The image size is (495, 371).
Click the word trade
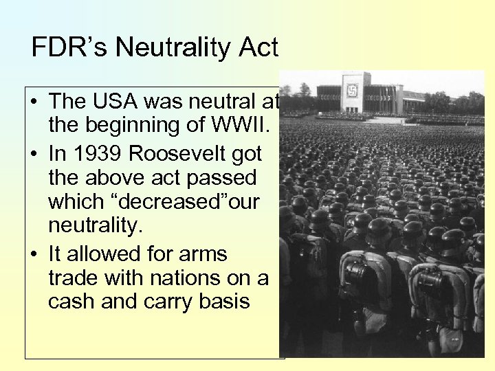click(x=72, y=278)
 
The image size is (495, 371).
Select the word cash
click(x=72, y=301)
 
